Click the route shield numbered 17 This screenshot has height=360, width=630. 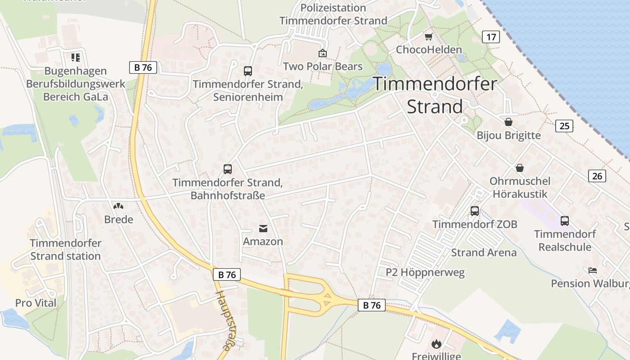click(x=490, y=37)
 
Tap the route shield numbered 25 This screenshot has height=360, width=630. click(x=564, y=126)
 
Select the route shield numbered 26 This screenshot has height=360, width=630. click(x=597, y=176)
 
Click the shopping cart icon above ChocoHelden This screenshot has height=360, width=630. click(x=428, y=36)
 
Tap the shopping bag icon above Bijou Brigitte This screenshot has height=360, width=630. click(x=508, y=122)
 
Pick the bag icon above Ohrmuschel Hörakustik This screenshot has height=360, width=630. click(x=520, y=168)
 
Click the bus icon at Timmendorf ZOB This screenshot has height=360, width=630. click(x=474, y=211)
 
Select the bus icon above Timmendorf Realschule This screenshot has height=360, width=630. click(x=565, y=220)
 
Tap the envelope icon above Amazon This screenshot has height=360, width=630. click(x=263, y=229)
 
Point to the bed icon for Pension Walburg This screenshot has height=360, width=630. click(x=593, y=270)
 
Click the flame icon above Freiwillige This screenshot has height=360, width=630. click(x=436, y=344)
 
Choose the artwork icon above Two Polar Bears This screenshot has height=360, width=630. click(x=323, y=54)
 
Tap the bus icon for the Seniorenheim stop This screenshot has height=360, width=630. click(x=248, y=71)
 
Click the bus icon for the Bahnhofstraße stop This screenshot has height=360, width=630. click(x=228, y=169)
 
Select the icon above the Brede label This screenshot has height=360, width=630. click(x=118, y=206)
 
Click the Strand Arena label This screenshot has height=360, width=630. click(x=484, y=252)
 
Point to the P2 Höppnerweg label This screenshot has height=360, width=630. click(x=425, y=272)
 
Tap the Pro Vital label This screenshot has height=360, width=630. click(x=36, y=303)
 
